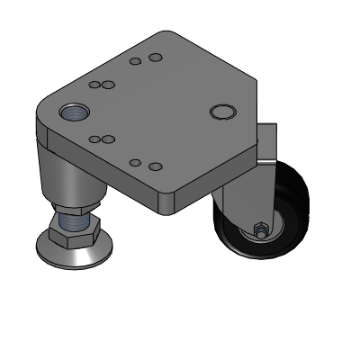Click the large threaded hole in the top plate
74,113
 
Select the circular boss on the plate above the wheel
220,112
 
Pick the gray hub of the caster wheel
268,229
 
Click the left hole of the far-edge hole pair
135,62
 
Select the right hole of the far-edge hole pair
155,58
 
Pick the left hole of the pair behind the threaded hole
94,85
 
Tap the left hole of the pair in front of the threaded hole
94,139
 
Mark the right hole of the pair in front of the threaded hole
108,139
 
